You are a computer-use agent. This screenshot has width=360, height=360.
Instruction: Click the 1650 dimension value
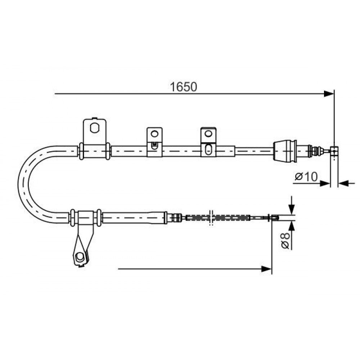pyautogui.click(x=183, y=87)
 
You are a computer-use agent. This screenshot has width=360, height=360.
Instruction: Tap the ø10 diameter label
pyautogui.click(x=306, y=176)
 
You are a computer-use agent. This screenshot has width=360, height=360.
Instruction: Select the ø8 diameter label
pyautogui.click(x=285, y=241)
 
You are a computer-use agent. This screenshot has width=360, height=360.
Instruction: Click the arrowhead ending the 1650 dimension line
pyautogui.click(x=329, y=94)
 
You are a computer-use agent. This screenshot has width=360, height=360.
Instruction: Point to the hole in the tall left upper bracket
pyautogui.click(x=94, y=128)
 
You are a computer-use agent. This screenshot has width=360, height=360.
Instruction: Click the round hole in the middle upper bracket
pyautogui.click(x=154, y=134)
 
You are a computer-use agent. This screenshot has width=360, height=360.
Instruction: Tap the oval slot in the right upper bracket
pyautogui.click(x=208, y=149)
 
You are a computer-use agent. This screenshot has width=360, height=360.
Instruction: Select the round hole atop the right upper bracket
pyautogui.click(x=208, y=133)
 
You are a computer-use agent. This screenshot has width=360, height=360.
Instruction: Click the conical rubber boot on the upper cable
pyautogui.click(x=285, y=150)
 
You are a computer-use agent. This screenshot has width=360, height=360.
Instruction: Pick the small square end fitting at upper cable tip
pyautogui.click(x=334, y=150)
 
